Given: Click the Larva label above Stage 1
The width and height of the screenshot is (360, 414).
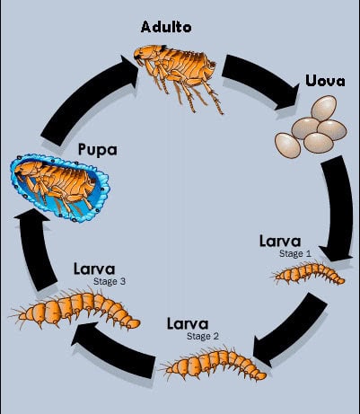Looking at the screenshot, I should tap(285, 242).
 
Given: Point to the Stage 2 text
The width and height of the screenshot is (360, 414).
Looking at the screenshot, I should tap(202, 337).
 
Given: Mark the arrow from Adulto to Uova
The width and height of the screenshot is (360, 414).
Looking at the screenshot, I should tap(260, 77).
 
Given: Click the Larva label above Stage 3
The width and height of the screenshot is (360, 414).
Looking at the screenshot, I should tap(92, 269).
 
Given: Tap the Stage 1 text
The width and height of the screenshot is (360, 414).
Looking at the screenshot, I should tap(294, 254).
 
